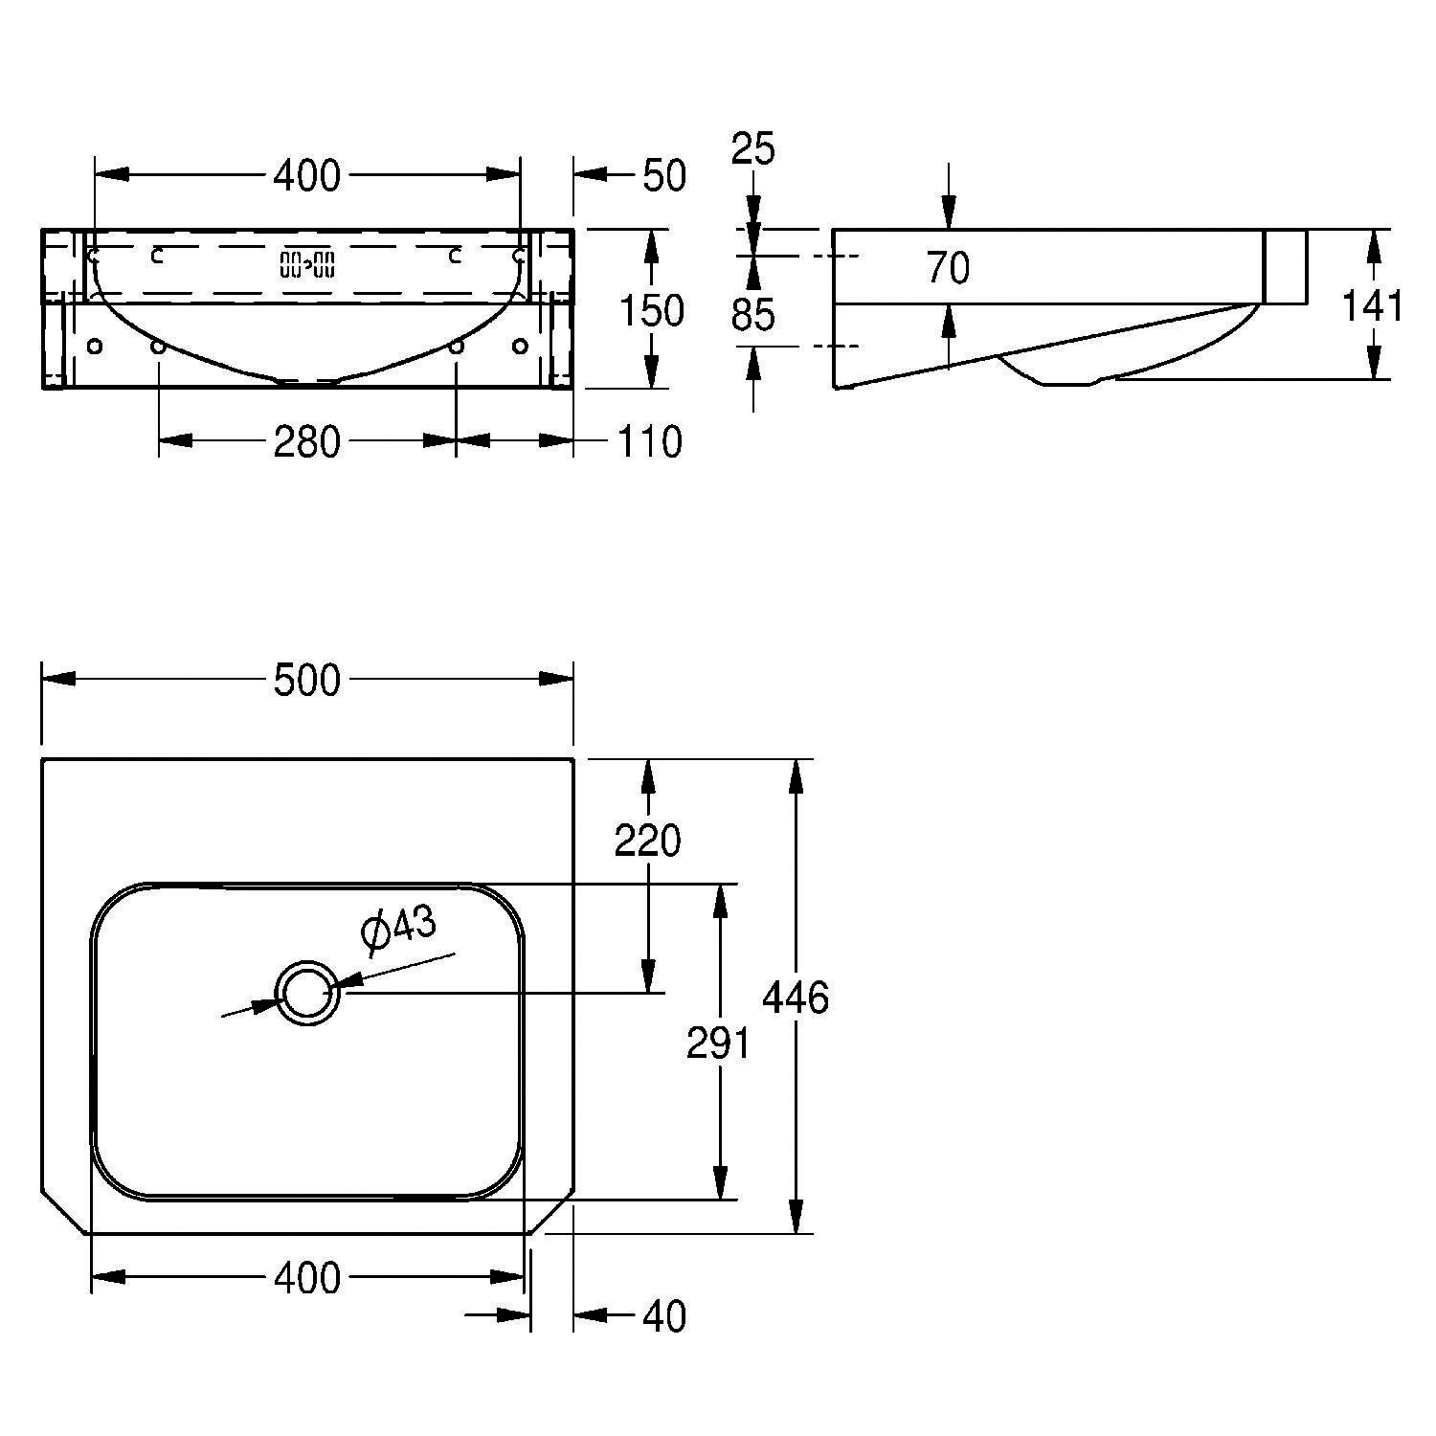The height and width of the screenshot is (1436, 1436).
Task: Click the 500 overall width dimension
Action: (306, 681)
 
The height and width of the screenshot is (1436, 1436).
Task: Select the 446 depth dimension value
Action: (795, 998)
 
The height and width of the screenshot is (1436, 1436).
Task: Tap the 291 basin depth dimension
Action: (718, 1043)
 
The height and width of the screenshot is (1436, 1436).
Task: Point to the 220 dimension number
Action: (648, 841)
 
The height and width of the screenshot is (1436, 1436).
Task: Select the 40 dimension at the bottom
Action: (664, 1317)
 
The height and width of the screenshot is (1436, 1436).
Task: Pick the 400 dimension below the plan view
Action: (306, 1278)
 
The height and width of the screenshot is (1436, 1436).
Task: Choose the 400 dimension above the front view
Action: (306, 176)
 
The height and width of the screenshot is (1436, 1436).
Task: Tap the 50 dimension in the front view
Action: (663, 176)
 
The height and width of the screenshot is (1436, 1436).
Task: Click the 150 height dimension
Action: (652, 311)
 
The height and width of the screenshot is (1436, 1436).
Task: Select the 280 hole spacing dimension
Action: (306, 441)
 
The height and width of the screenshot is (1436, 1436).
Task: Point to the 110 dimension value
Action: (651, 441)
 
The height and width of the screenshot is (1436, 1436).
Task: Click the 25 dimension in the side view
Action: (753, 149)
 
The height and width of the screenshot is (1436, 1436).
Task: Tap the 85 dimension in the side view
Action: (753, 314)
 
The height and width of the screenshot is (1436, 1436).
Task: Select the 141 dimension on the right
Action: (1372, 306)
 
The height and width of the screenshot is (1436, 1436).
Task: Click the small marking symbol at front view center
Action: (307, 263)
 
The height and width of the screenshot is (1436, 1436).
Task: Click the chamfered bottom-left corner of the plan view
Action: (64, 1213)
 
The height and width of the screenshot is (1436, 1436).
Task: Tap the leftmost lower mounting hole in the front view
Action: (94, 346)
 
